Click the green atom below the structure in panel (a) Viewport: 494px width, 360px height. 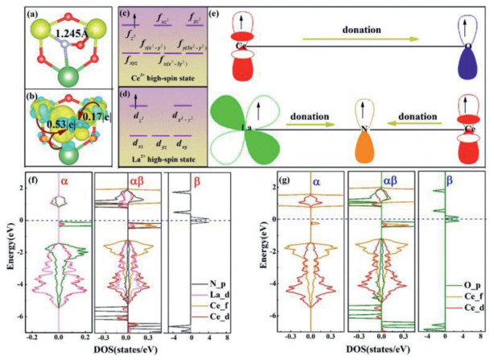click(x=56, y=77)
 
